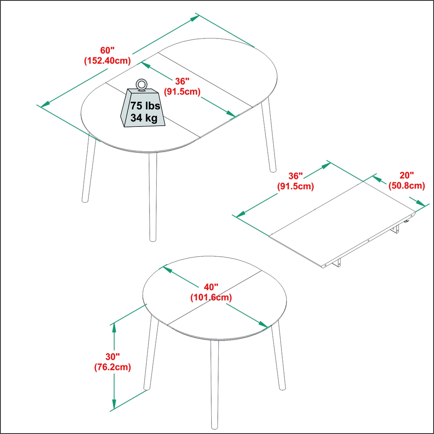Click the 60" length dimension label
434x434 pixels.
[107, 50]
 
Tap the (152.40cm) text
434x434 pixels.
[107, 61]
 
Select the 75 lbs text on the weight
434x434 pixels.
[145, 105]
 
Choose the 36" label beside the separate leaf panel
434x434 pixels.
[295, 176]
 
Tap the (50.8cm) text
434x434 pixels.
[407, 186]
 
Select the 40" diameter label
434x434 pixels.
[211, 287]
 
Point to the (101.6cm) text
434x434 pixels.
[211, 297]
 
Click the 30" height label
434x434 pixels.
[112, 356]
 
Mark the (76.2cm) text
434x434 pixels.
[112, 367]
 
